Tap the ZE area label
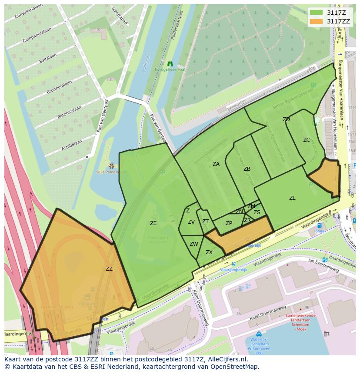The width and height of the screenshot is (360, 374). (x=153, y=223)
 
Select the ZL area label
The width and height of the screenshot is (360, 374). (x=292, y=198)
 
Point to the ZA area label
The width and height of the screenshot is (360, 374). (x=216, y=164)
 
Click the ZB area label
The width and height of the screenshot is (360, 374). (x=247, y=169)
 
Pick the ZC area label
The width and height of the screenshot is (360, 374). (x=307, y=140)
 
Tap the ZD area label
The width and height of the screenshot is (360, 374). (x=286, y=119)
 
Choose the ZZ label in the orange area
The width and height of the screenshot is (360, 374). (x=109, y=269)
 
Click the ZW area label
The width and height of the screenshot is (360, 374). (x=194, y=244)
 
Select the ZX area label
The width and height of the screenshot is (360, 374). (x=209, y=252)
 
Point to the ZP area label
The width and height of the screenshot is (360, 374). (x=229, y=223)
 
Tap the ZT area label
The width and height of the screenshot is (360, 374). (x=206, y=222)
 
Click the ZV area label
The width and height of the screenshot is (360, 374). (x=191, y=222)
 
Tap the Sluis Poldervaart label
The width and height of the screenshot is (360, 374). (x=111, y=172)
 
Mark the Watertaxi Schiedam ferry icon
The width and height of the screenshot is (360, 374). (x=259, y=334)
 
